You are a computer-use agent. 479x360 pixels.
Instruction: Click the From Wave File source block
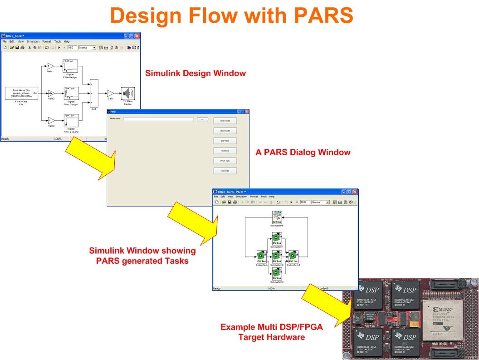pyautogui.click(x=21, y=93)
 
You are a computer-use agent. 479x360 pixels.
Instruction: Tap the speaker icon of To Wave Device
pyautogui.click(x=127, y=93)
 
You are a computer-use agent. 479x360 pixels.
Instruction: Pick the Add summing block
pyautogui.click(x=94, y=94)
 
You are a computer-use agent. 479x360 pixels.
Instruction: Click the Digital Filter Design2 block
pyautogui.click(x=71, y=120)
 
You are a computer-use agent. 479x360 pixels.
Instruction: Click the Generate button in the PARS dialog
pyautogui.click(x=225, y=171)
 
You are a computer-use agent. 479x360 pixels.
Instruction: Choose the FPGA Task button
pyautogui.click(x=225, y=161)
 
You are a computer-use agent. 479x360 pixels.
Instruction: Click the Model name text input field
pyautogui.click(x=159, y=119)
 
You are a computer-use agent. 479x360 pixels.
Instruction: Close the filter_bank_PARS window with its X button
pyautogui.click(x=355, y=192)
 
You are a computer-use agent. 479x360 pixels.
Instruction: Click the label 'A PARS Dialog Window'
pyautogui.click(x=303, y=153)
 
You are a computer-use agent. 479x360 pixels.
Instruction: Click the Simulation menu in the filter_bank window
pyautogui.click(x=33, y=41)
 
